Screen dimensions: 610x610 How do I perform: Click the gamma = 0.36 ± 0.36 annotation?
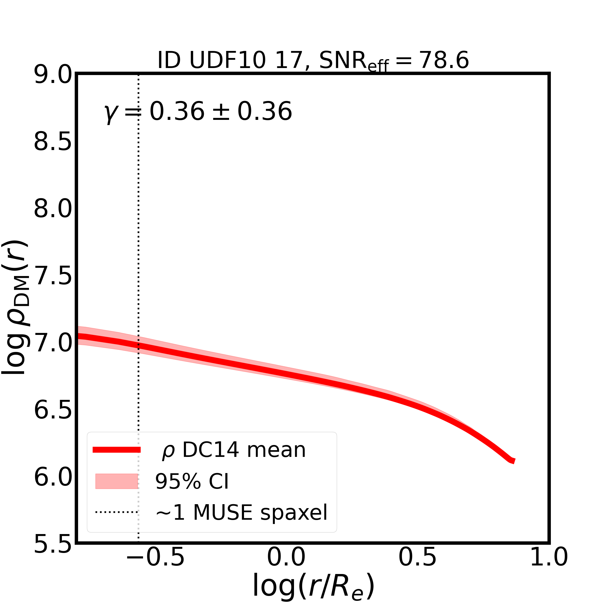(x=198, y=112)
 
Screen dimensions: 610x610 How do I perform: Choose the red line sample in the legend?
(x=117, y=450)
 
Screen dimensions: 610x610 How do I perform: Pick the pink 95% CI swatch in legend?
(x=117, y=481)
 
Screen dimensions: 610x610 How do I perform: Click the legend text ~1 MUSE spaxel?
(x=241, y=512)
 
